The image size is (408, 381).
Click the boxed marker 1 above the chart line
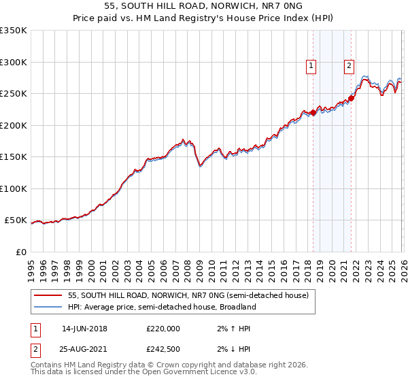pos(311,66)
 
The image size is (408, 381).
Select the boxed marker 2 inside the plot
pos(349,66)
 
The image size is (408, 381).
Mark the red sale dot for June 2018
pos(313,112)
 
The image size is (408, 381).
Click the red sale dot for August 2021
pos(352,98)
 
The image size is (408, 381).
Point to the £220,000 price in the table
pos(163,329)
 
